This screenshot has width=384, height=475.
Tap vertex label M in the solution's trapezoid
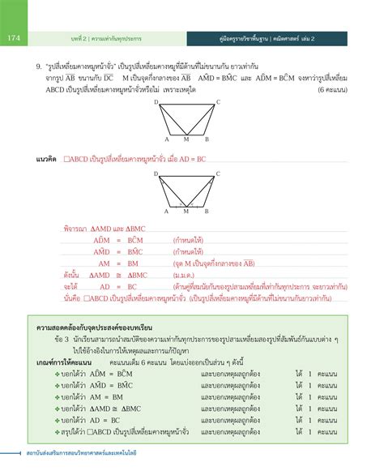click(x=186, y=210)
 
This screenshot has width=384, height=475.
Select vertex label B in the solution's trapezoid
click(x=206, y=210)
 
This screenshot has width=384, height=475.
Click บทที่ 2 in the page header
click(x=79, y=37)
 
